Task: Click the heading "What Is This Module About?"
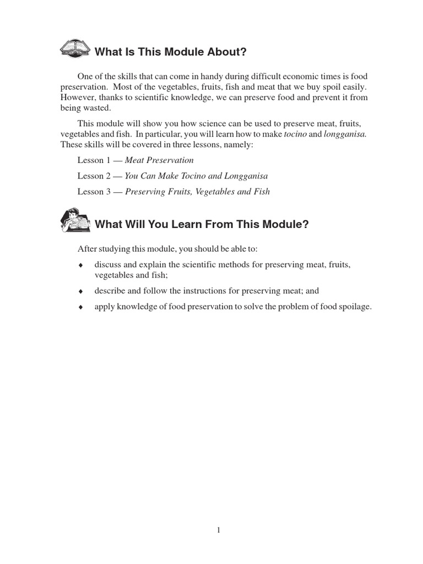[x=171, y=52]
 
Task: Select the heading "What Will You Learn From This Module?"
[x=202, y=224]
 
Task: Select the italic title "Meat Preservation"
[x=159, y=160]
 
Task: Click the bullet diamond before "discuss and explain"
[x=80, y=265]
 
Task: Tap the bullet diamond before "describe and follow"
[x=80, y=291]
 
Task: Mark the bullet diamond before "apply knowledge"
[x=80, y=307]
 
